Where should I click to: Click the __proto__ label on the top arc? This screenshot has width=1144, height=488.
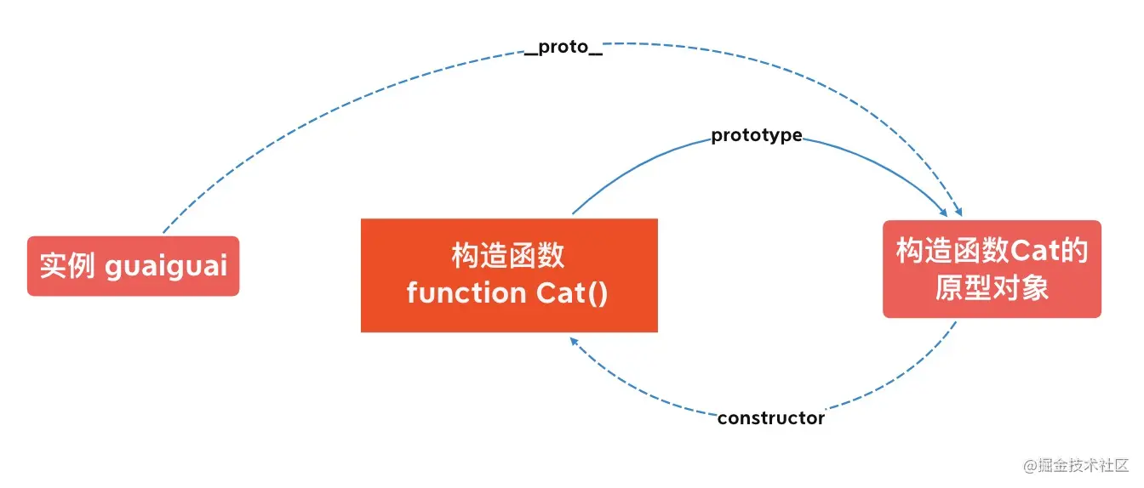(x=563, y=48)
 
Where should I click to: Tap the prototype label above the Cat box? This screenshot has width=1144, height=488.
(x=757, y=135)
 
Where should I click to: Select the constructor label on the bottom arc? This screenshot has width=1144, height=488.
(x=771, y=418)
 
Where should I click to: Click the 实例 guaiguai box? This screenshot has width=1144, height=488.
(x=134, y=266)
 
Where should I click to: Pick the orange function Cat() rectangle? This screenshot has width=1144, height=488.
(x=509, y=275)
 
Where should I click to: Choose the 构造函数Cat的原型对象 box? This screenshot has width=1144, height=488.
(x=992, y=269)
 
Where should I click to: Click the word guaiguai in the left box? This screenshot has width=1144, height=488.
(x=166, y=266)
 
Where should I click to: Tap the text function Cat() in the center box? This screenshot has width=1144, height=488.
(x=507, y=293)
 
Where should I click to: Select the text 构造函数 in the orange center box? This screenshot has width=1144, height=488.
(x=508, y=256)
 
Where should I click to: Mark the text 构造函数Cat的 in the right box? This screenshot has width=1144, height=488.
(x=992, y=250)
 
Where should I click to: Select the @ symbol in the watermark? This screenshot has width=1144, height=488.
(x=1030, y=467)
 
